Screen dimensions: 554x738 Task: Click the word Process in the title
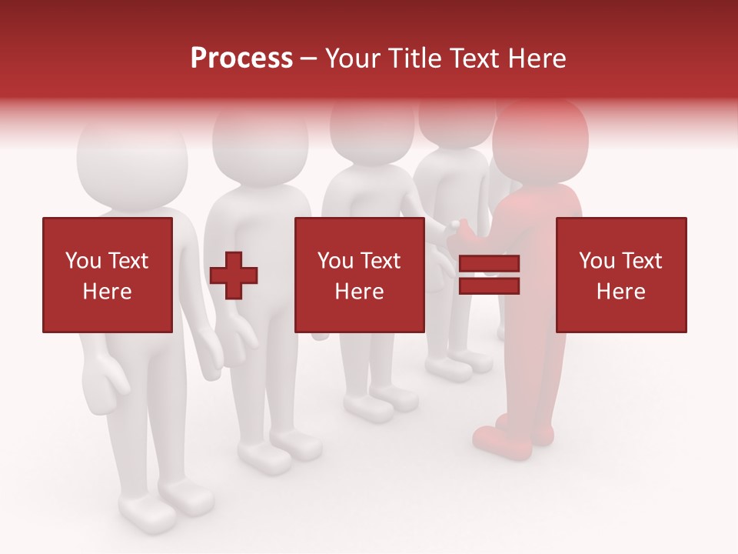(x=241, y=58)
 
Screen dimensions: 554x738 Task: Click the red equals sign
(x=489, y=275)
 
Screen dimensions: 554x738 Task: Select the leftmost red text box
(x=107, y=275)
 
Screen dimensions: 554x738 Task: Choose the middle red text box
(x=359, y=275)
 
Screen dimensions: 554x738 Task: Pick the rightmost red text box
(x=620, y=275)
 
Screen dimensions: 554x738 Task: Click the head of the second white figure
(x=260, y=146)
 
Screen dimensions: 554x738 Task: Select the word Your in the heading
(x=352, y=58)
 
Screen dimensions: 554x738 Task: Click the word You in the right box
(x=597, y=261)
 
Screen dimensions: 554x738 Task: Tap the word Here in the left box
(x=107, y=292)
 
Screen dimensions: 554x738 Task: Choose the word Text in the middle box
(x=380, y=261)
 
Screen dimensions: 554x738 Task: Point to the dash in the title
(x=308, y=58)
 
